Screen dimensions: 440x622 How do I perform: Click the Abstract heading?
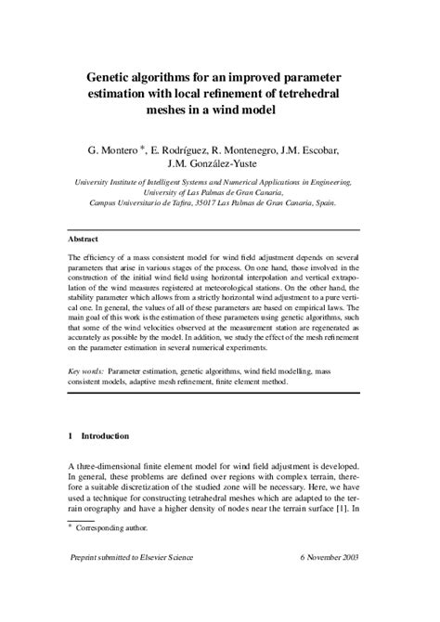point(86,239)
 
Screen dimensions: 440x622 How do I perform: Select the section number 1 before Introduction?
point(71,435)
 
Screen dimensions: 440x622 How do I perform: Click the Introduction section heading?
point(105,435)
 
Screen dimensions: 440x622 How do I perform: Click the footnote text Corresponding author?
point(108,527)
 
